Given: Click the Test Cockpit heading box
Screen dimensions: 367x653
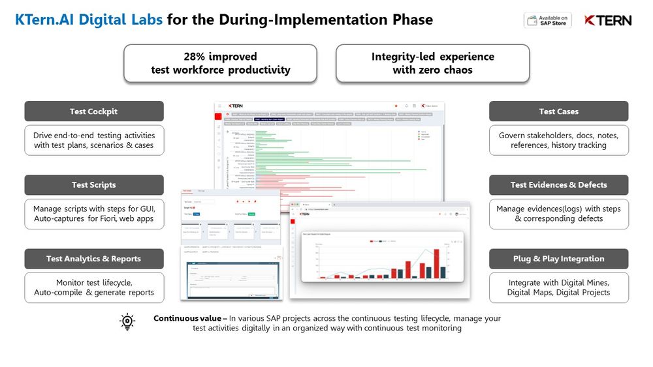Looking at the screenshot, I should (94, 111).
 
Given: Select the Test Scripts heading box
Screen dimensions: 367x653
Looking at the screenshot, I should (94, 185).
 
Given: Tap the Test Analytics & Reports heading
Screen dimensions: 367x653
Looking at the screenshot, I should (94, 259).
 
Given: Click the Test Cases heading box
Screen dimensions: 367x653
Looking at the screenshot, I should (558, 111).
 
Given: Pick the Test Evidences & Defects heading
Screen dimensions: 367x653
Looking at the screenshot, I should (558, 185).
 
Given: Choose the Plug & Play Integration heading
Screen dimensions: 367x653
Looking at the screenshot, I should (558, 259).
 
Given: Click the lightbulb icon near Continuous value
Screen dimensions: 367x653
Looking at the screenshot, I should (127, 321).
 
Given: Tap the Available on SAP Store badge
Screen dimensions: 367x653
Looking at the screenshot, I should (547, 20).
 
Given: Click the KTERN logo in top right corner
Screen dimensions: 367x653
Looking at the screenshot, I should (608, 20).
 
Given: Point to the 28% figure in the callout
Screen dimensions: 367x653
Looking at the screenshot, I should (195, 57).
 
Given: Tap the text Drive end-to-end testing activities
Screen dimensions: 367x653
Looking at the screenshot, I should (94, 136).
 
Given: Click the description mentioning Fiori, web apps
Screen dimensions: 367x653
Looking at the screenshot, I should (94, 218).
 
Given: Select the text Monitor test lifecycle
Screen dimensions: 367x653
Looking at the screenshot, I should (94, 283).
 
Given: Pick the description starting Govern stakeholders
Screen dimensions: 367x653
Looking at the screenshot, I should (558, 136).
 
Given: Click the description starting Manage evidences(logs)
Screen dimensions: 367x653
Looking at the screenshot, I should (558, 209).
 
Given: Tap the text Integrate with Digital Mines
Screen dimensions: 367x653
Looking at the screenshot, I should (558, 283).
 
